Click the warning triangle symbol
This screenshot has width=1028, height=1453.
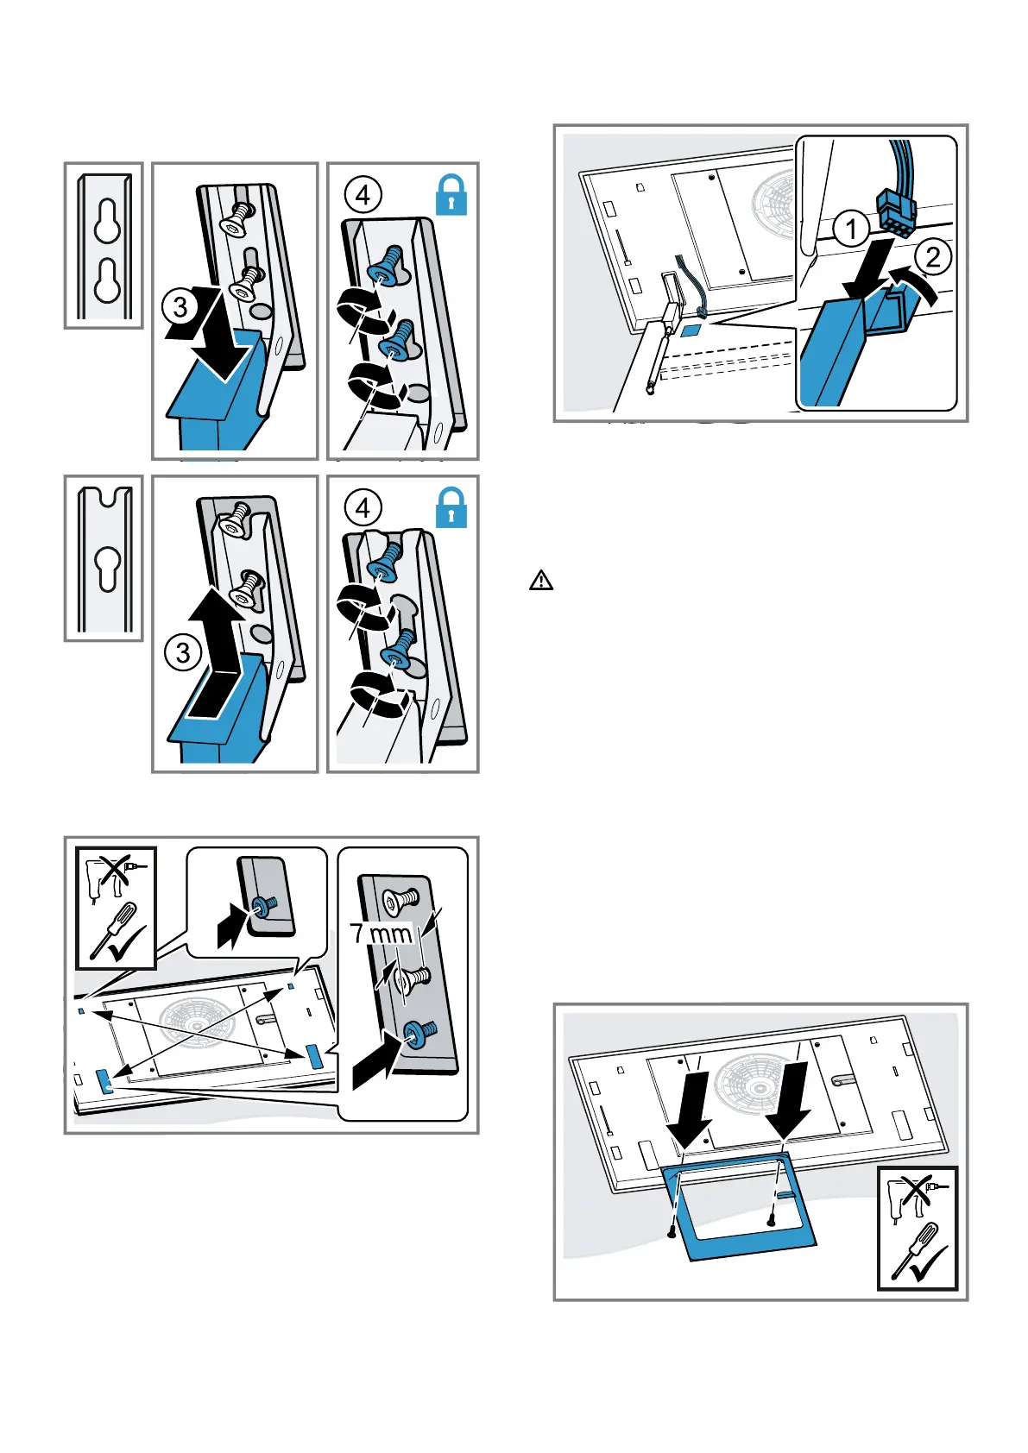click(x=541, y=580)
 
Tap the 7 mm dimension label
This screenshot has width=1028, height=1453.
click(x=381, y=934)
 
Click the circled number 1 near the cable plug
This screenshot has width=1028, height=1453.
click(x=852, y=230)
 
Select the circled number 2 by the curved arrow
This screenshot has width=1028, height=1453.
click(x=932, y=256)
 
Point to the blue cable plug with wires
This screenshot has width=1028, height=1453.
click(x=897, y=207)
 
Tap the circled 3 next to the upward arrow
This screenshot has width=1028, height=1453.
click(x=182, y=652)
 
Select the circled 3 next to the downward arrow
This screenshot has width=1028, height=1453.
click(x=180, y=306)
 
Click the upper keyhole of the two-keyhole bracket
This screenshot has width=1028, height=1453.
click(x=107, y=223)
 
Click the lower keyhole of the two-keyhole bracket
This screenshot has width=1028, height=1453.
click(x=107, y=280)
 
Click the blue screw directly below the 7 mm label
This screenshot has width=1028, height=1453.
click(x=418, y=1032)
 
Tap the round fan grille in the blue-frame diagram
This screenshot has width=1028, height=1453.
click(x=754, y=1080)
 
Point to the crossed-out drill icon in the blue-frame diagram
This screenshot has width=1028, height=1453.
click(x=917, y=1195)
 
